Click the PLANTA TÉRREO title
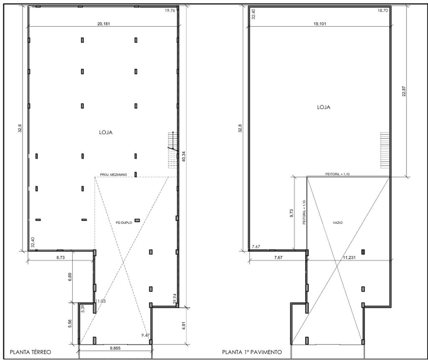point(30,352)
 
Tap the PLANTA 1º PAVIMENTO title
point(252,352)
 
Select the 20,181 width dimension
point(104,24)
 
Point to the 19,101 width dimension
point(320,24)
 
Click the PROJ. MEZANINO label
point(113,174)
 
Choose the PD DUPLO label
point(124,222)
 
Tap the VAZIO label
point(338,222)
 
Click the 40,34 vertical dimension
point(183,156)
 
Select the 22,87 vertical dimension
point(404,91)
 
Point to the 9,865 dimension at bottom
point(115,348)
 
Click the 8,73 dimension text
point(60,257)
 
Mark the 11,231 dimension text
point(349,257)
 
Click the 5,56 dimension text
point(70,324)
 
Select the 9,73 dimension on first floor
point(291,213)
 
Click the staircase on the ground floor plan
point(173,150)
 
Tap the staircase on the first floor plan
point(385,150)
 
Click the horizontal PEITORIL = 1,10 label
point(337,174)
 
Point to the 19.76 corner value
point(170,10)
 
